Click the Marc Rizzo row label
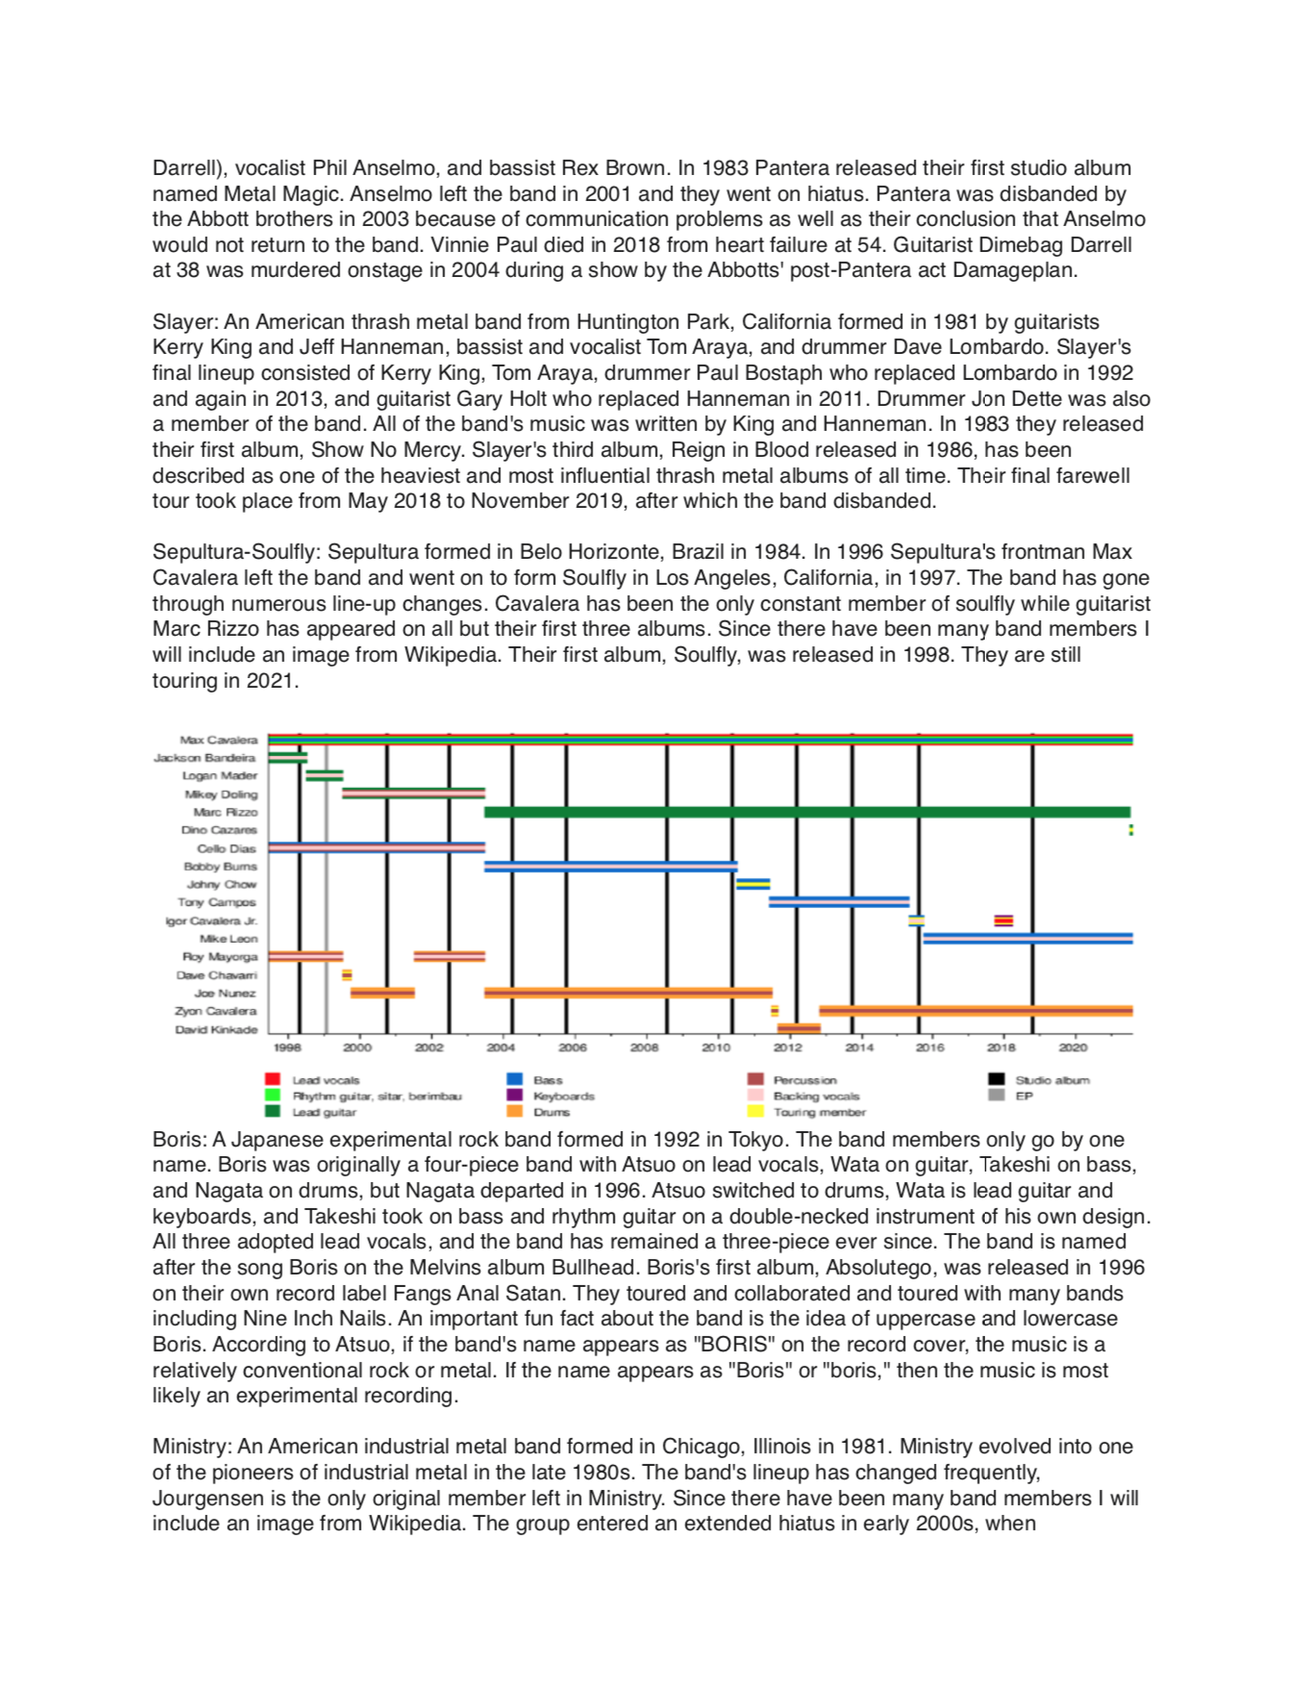click(x=225, y=813)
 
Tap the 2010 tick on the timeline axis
click(x=715, y=1047)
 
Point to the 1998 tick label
click(x=287, y=1047)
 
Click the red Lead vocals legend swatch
click(x=272, y=1079)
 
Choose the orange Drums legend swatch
click(x=514, y=1112)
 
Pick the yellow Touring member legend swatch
click(x=756, y=1112)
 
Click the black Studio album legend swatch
click(x=996, y=1079)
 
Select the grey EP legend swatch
click(x=996, y=1096)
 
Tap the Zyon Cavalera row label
click(x=215, y=1012)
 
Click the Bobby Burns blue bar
click(x=610, y=867)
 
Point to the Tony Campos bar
click(x=839, y=902)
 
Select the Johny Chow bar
click(x=753, y=884)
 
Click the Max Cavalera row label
click(x=218, y=740)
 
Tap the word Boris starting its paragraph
click(x=179, y=1140)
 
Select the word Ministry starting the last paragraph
click(x=192, y=1447)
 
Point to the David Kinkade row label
click(x=216, y=1030)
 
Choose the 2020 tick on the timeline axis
click(x=1073, y=1047)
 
